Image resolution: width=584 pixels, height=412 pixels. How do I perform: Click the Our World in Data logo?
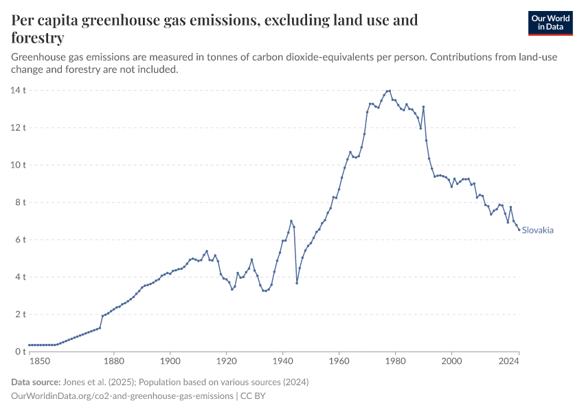[550, 23]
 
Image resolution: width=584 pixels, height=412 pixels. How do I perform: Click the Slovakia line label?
[537, 231]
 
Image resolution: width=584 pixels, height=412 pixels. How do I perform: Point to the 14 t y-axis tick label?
[18, 90]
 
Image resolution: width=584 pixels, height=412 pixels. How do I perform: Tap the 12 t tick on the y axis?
[18, 128]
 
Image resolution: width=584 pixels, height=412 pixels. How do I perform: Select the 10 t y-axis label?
[18, 165]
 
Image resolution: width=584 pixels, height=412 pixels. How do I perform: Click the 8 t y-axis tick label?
[21, 203]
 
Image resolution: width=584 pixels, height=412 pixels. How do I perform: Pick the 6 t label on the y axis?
[21, 240]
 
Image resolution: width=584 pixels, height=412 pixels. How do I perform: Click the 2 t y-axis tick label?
[21, 314]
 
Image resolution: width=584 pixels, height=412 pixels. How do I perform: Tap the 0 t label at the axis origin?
[21, 352]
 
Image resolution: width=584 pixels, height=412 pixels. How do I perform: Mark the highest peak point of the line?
[390, 91]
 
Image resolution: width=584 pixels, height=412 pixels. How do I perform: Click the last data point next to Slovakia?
[519, 229]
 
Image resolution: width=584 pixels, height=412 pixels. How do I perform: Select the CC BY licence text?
[251, 396]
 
